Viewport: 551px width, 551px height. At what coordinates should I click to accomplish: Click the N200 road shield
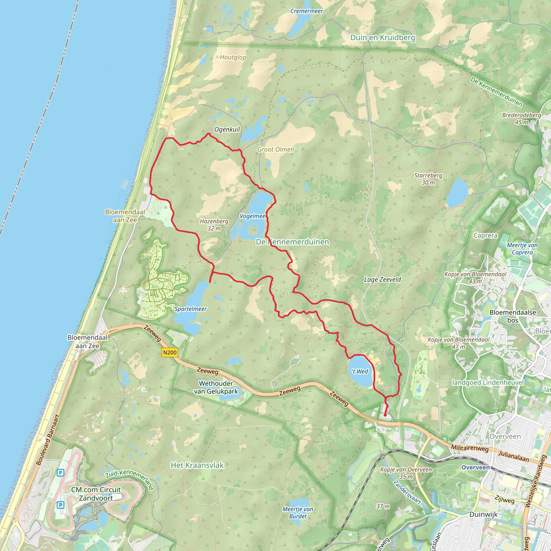170,352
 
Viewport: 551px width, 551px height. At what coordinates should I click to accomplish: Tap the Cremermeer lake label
307,11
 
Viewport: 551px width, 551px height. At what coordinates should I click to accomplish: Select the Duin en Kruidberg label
383,38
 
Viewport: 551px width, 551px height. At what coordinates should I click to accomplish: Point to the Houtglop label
233,57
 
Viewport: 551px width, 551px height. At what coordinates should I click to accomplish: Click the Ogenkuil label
227,129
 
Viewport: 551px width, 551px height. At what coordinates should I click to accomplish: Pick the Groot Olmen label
275,149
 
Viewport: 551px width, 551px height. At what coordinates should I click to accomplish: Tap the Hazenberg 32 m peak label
214,225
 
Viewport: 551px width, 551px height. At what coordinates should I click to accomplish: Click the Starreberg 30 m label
428,179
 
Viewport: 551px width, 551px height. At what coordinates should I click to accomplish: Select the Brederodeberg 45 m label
521,119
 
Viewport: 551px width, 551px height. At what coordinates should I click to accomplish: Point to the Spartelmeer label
190,309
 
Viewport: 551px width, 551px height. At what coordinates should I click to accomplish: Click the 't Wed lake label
360,371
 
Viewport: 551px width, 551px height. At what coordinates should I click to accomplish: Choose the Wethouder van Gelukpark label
216,387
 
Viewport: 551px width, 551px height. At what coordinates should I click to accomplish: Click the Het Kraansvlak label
197,465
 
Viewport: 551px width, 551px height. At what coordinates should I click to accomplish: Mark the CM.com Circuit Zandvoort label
96,494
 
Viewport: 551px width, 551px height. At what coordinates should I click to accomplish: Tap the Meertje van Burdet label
298,513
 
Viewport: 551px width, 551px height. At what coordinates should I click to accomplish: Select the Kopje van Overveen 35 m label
406,473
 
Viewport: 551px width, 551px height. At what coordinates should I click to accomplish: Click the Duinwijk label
483,514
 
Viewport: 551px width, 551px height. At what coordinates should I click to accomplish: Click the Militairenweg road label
470,448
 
